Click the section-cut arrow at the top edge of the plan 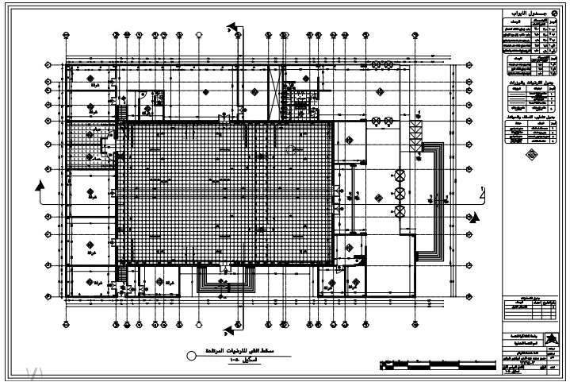point(235,29)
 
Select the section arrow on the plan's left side point(39,187)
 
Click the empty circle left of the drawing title point(190,357)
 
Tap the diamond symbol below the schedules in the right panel point(530,156)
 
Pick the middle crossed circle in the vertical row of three point(400,192)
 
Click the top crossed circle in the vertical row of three point(400,174)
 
